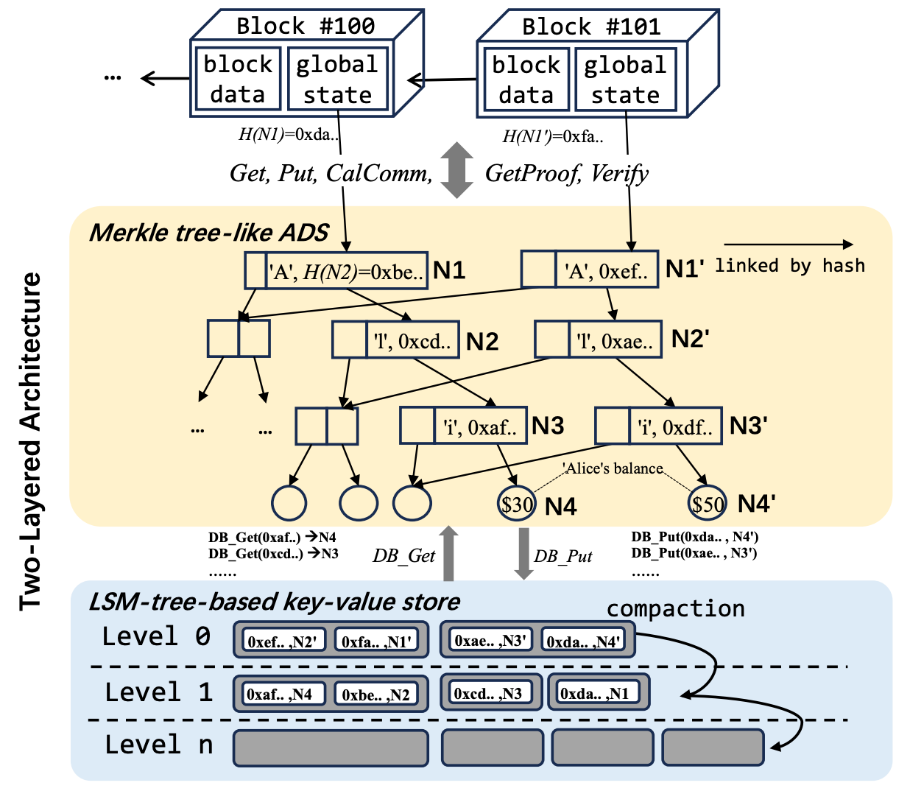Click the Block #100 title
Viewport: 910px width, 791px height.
(305, 27)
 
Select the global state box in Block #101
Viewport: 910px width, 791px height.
(625, 80)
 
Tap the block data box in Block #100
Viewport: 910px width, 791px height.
(237, 80)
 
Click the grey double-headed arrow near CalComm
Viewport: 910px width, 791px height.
(456, 170)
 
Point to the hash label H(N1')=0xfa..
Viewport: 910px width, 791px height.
(553, 136)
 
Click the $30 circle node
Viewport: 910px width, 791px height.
(517, 504)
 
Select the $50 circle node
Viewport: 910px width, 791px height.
(707, 504)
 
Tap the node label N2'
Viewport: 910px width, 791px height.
(690, 339)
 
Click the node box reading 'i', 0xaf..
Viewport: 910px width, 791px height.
(463, 426)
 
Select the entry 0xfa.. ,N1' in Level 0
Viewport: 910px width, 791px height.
(376, 641)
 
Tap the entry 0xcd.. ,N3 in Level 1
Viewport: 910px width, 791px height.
(488, 694)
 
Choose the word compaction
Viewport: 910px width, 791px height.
(675, 609)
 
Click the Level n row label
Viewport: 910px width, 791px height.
(158, 745)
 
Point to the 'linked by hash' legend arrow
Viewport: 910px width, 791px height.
(788, 245)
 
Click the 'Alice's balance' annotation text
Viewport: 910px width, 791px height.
(613, 468)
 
